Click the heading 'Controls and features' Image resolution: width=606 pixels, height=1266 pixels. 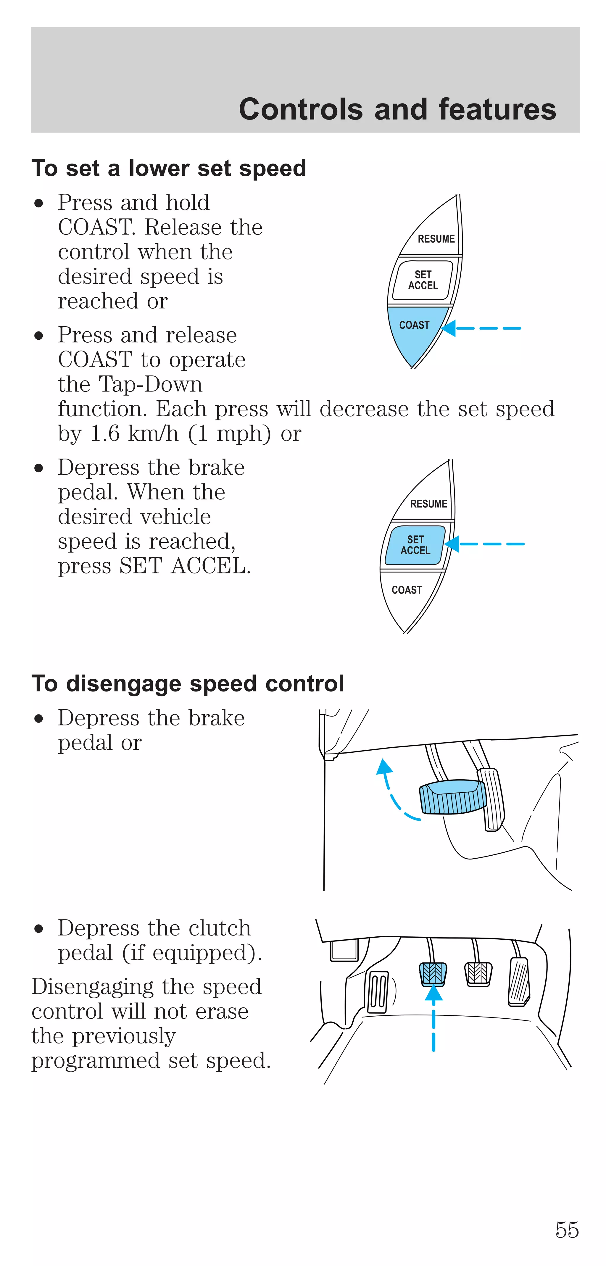[397, 109]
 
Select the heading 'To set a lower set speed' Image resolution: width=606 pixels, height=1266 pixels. [169, 169]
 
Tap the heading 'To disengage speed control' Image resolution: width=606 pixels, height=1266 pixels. [187, 684]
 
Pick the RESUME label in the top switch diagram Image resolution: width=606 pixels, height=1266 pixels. [436, 239]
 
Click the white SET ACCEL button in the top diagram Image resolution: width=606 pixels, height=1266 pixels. [423, 280]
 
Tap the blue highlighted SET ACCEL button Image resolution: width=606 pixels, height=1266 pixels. [415, 545]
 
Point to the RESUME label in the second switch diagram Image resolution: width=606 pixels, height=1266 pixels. [428, 504]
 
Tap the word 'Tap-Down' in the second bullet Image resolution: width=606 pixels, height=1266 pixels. [150, 384]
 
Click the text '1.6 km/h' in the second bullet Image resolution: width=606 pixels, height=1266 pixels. [134, 433]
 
